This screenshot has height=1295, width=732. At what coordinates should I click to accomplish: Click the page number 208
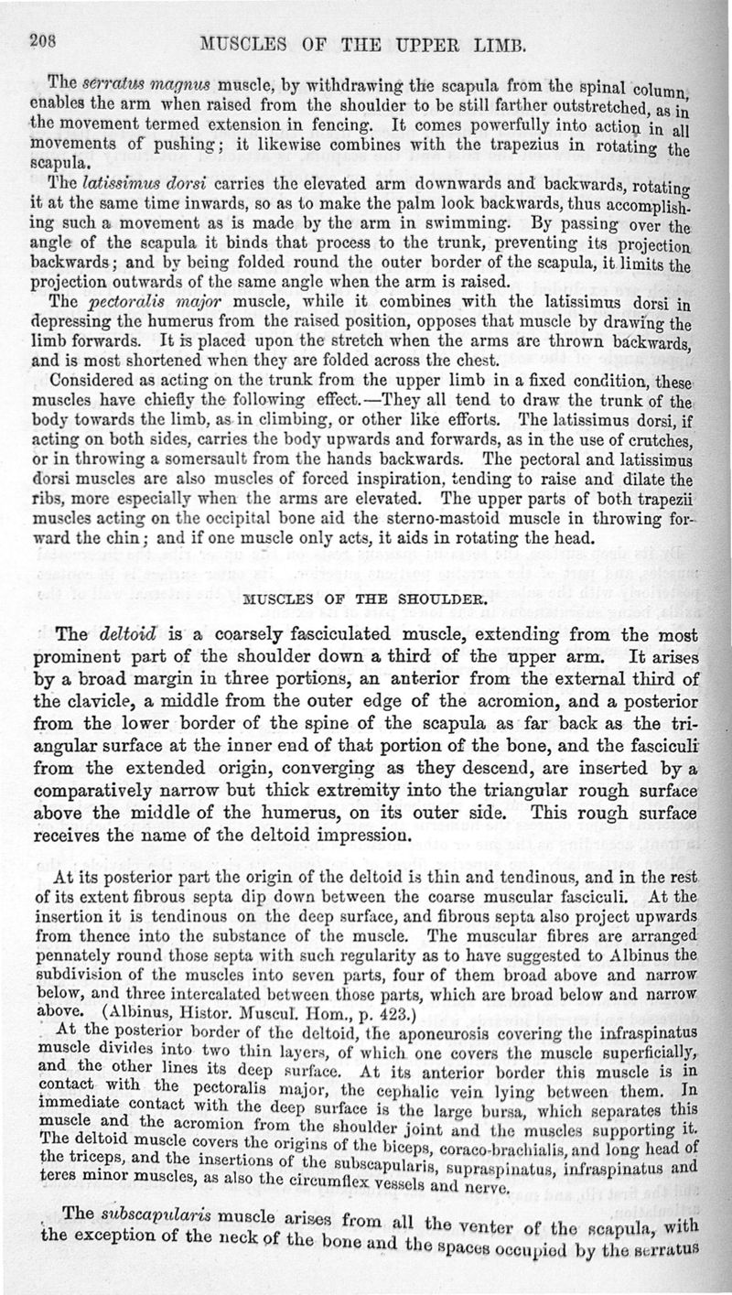coord(44,38)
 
